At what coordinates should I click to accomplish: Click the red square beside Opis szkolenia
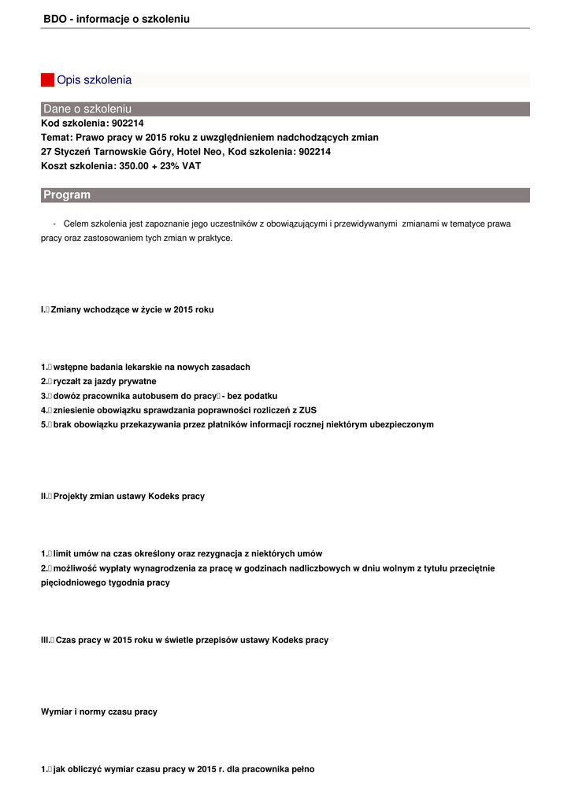[47, 80]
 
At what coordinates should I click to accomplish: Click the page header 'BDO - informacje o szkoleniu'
[117, 19]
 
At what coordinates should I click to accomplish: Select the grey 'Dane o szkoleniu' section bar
[285, 109]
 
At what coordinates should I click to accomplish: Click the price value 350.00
[135, 166]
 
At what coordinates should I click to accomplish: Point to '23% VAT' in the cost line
[182, 166]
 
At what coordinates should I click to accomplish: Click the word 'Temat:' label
[57, 138]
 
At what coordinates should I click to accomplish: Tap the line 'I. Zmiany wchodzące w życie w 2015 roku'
[128, 310]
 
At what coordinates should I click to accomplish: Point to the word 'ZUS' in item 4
[308, 410]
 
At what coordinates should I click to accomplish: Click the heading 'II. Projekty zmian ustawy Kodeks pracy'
[123, 497]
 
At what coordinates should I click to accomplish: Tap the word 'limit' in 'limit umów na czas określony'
[64, 554]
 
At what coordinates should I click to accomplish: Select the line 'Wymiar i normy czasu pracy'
[99, 712]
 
